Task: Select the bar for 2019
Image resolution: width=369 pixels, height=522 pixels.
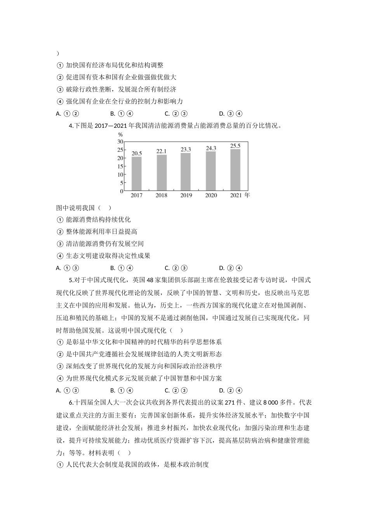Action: tap(186, 172)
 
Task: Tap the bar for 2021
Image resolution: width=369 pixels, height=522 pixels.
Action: tap(235, 170)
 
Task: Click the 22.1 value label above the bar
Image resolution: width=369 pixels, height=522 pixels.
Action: tap(161, 151)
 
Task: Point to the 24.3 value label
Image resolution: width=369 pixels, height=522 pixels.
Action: tap(211, 148)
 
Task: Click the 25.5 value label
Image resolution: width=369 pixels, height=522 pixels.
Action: tap(235, 146)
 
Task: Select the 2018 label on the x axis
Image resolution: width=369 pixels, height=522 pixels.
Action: tap(161, 195)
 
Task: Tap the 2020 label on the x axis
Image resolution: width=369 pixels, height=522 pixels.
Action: tap(211, 195)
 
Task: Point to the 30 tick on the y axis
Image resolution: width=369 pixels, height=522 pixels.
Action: tap(120, 142)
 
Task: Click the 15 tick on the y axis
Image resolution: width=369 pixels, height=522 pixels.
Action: tap(120, 166)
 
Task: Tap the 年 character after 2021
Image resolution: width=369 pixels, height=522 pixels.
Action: tap(247, 195)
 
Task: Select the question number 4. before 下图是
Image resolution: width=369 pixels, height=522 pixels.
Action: tap(71, 126)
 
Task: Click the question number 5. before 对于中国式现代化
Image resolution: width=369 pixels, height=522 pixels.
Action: tap(71, 280)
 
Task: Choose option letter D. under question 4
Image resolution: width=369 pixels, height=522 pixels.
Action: tap(222, 268)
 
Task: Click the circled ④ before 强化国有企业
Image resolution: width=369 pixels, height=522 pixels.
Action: tap(60, 102)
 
